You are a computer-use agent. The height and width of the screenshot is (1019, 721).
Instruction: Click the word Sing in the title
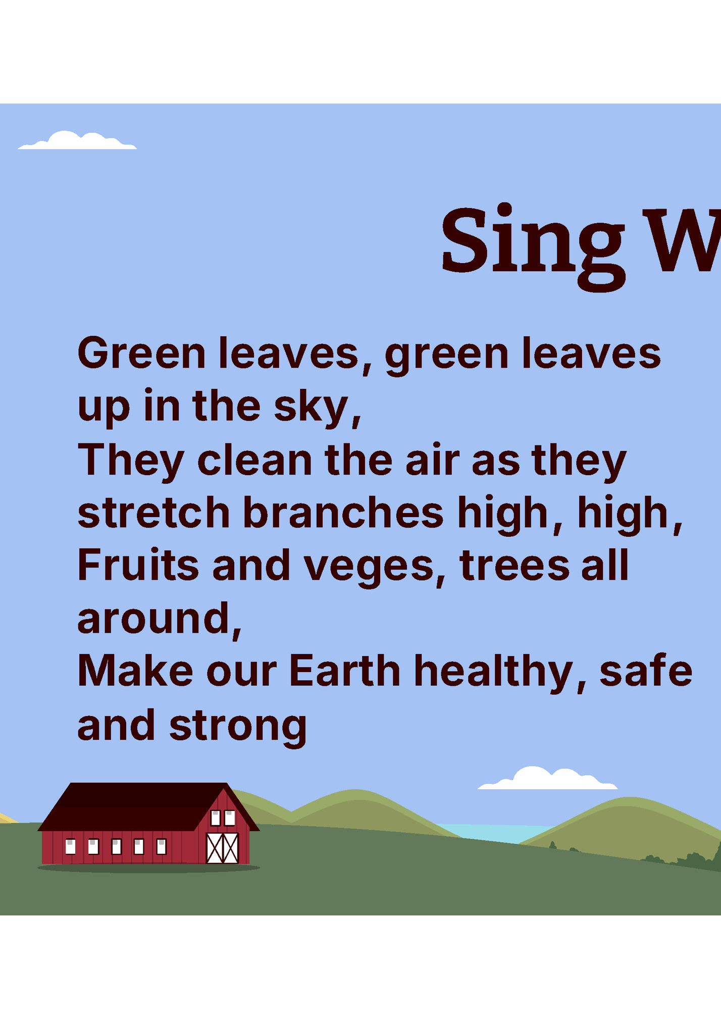point(533,242)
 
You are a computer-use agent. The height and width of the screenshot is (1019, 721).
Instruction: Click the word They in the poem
point(131,461)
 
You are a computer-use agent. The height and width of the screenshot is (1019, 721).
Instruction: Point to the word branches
point(343,513)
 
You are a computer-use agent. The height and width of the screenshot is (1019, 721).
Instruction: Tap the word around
point(154,619)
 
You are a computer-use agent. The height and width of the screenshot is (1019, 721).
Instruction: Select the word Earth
point(345,672)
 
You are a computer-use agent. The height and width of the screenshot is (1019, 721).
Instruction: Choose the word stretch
point(153,513)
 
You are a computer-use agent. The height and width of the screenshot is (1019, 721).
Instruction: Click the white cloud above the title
point(77,142)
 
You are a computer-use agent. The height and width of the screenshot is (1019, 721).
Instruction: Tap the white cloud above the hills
point(548,780)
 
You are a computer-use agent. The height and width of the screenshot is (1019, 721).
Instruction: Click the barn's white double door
point(223,848)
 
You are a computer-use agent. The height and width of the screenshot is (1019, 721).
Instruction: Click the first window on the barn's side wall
point(71,846)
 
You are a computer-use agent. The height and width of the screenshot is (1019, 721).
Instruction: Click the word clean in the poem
point(255,461)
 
